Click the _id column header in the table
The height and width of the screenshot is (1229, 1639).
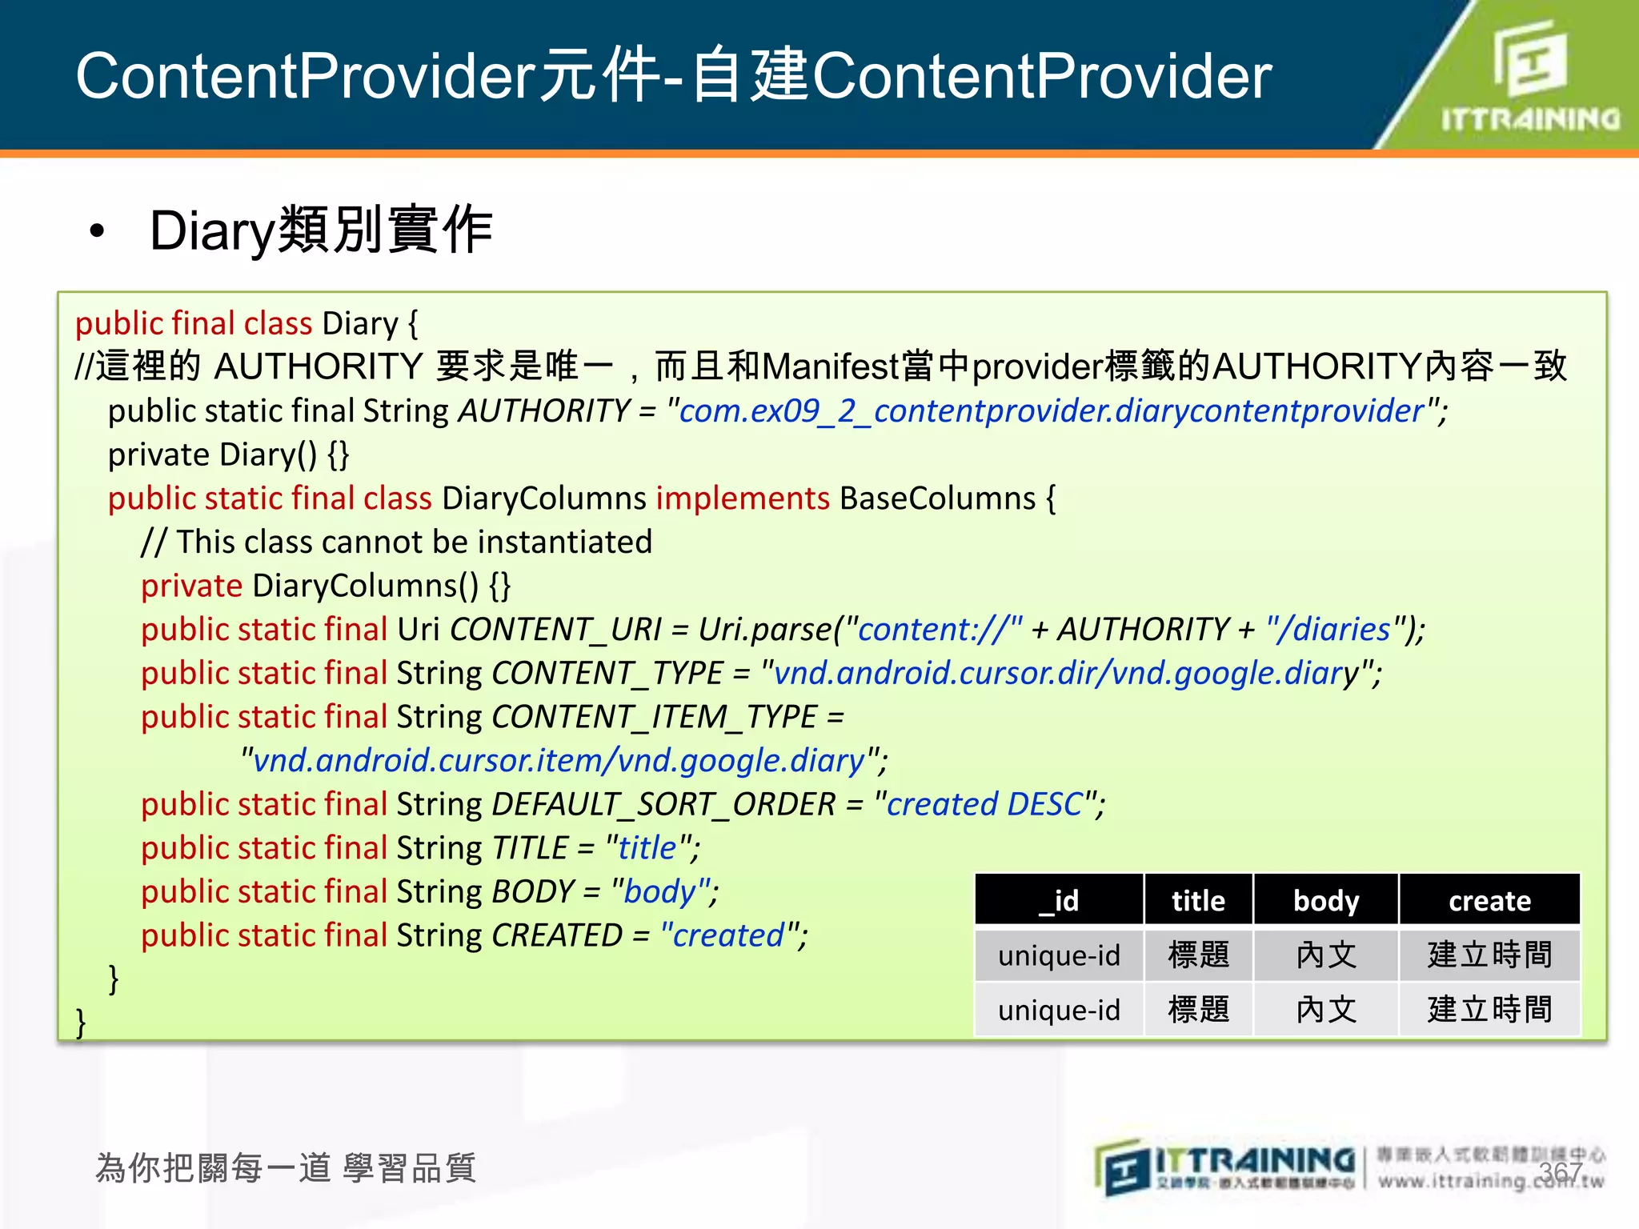click(x=1058, y=901)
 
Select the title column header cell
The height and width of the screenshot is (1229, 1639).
click(x=1198, y=901)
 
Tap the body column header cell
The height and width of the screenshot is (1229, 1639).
click(x=1326, y=901)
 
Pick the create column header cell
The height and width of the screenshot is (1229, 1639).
click(x=1489, y=901)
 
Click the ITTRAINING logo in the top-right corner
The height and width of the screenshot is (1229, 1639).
click(x=1529, y=76)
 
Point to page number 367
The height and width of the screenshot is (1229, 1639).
click(x=1560, y=1172)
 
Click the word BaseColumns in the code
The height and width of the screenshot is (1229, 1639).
click(x=937, y=498)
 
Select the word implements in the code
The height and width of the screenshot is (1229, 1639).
click(x=743, y=498)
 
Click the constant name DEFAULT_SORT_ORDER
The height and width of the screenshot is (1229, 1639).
click(x=663, y=804)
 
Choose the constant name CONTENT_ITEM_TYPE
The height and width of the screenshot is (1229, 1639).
click(x=654, y=717)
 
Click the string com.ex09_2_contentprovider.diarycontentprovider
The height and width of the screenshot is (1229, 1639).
click(x=1052, y=411)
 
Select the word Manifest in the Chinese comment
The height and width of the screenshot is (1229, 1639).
click(x=831, y=367)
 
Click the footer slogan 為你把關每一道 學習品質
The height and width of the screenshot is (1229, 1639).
click(x=286, y=1168)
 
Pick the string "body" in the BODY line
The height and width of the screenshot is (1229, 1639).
click(x=660, y=891)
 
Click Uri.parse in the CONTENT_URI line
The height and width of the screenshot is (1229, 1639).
click(x=764, y=630)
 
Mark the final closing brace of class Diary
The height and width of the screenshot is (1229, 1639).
click(x=81, y=1022)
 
